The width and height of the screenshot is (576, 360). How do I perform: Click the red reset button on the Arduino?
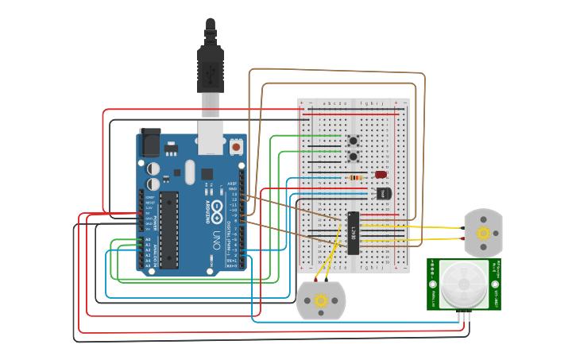tap(236, 147)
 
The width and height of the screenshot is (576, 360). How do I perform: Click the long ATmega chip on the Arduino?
tap(168, 230)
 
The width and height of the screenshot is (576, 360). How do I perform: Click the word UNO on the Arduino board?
tap(216, 238)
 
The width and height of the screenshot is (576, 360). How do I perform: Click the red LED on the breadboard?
tap(381, 174)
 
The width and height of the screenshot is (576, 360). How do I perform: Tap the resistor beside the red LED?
tap(357, 178)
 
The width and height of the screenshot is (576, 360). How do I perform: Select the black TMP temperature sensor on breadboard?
tap(383, 193)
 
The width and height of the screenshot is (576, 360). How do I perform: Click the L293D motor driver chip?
tap(354, 233)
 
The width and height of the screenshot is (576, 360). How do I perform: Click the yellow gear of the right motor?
tap(483, 233)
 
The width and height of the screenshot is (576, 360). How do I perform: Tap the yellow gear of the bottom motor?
tap(321, 300)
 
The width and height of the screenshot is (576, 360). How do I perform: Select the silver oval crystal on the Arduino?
tap(189, 172)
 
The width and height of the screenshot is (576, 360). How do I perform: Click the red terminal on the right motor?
tap(462, 238)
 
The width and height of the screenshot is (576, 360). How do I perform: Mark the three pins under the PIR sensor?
tap(464, 315)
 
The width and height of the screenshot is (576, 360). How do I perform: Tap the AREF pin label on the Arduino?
tap(232, 183)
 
